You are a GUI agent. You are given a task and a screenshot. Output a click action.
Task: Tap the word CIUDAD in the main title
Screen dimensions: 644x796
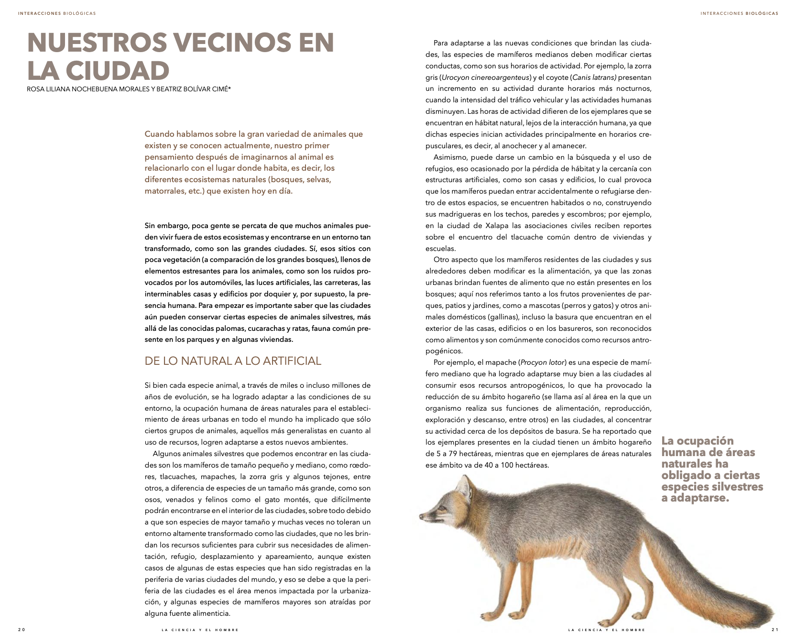point(117,71)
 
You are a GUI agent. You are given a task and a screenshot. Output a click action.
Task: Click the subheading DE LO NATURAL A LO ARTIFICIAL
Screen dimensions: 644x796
point(233,361)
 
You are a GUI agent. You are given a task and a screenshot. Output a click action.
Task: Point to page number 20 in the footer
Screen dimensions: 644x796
point(22,630)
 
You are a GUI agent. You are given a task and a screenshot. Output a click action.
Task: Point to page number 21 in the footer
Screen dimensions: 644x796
point(775,630)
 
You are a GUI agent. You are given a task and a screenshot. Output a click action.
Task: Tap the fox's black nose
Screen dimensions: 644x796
point(421,516)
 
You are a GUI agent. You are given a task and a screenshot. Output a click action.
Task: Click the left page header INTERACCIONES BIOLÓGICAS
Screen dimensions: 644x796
point(57,13)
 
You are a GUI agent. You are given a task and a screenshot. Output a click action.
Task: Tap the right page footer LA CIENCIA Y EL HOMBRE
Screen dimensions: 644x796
point(607,630)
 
